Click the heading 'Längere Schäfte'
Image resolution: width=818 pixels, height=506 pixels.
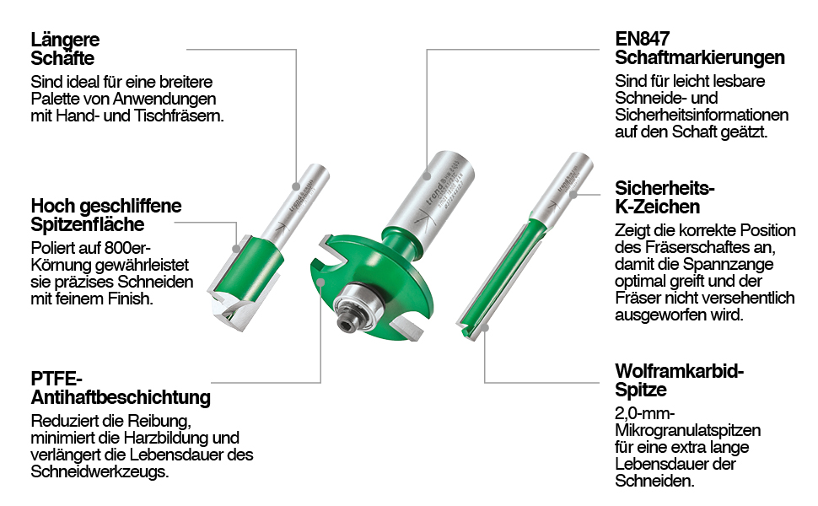65,49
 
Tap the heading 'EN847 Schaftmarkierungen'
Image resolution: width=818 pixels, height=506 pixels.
699,49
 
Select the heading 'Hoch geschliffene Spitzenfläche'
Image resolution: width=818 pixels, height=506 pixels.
105,215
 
